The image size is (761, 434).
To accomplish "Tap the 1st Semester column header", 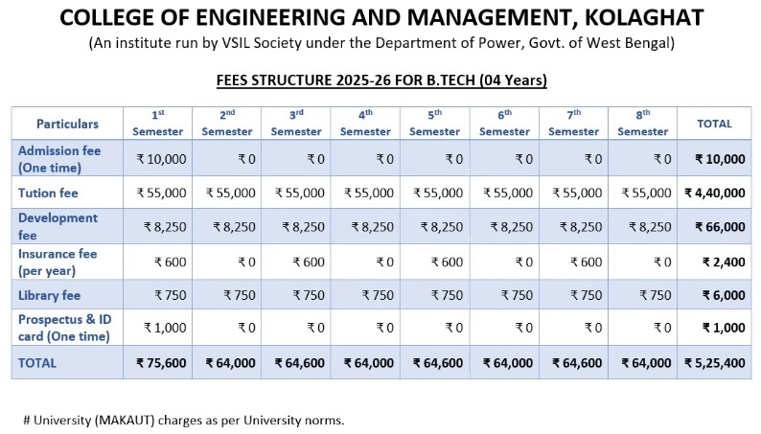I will click(x=158, y=123).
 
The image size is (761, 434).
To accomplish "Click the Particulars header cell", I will click(x=67, y=124).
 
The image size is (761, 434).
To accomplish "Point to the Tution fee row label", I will click(x=48, y=193).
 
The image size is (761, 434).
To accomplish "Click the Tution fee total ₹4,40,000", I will click(x=714, y=193).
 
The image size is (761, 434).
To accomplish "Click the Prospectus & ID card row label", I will click(x=63, y=329).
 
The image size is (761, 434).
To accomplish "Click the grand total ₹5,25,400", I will click(x=714, y=363).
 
